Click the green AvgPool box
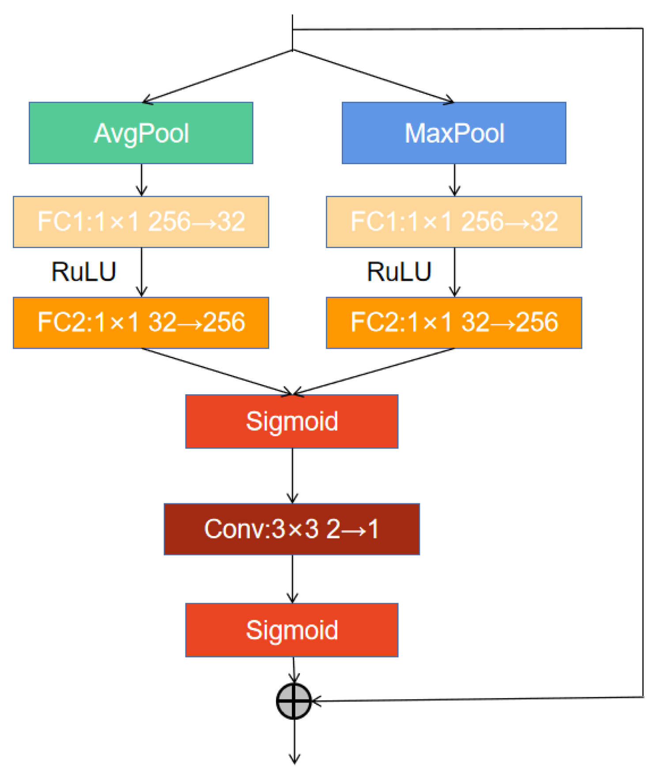pyautogui.click(x=141, y=133)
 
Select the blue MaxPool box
pyautogui.click(x=454, y=133)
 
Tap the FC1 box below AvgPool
pyautogui.click(x=141, y=222)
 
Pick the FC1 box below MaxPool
pyautogui.click(x=454, y=222)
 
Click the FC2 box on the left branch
pyautogui.click(x=141, y=322)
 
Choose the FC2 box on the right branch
pyautogui.click(x=454, y=322)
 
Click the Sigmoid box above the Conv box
pyautogui.click(x=292, y=421)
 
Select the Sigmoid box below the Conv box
pyautogui.click(x=292, y=630)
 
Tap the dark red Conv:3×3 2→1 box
pyautogui.click(x=292, y=529)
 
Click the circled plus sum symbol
pyautogui.click(x=294, y=701)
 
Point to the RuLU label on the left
pyautogui.click(x=84, y=272)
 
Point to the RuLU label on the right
pyautogui.click(x=399, y=272)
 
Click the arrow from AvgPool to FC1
pyautogui.click(x=142, y=180)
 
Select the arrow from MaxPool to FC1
pyautogui.click(x=455, y=180)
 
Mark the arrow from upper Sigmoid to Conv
pyautogui.click(x=292, y=476)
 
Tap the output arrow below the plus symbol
pyautogui.click(x=295, y=742)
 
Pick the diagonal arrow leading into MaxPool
pyautogui.click(x=373, y=76)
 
